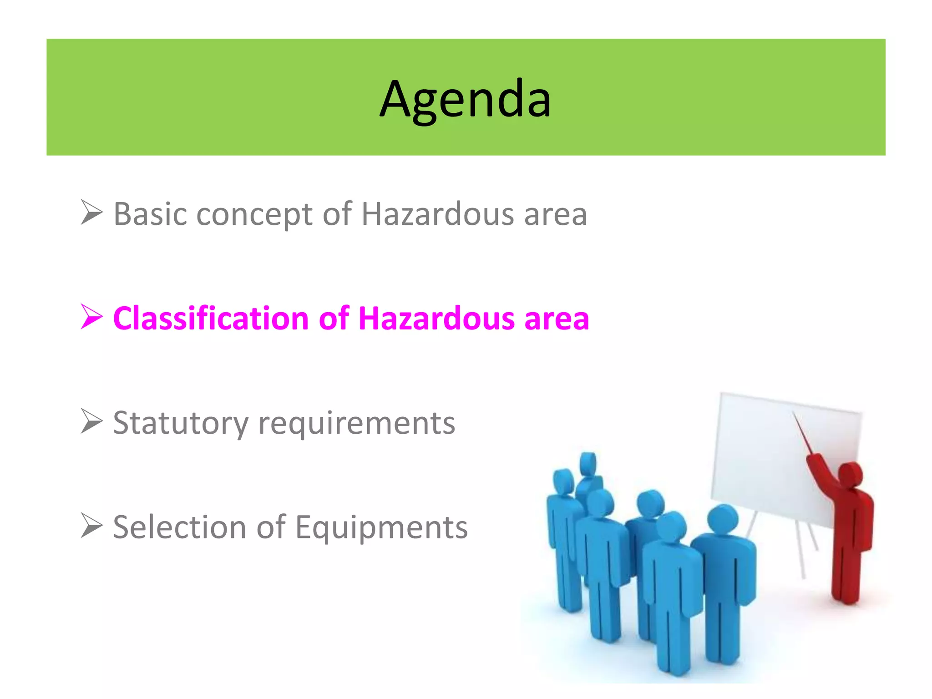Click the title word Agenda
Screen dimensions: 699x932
click(x=465, y=99)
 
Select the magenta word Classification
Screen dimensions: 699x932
click(x=211, y=318)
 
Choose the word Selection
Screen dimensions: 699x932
click(x=180, y=527)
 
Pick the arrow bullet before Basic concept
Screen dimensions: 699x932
click(x=91, y=213)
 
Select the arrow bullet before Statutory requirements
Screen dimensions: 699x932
click(x=91, y=421)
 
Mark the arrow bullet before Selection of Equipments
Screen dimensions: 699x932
click(x=91, y=526)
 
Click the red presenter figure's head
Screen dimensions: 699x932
click(x=849, y=475)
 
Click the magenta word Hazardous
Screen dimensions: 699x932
click(x=436, y=318)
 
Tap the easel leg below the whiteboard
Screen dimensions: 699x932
click(x=801, y=551)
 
